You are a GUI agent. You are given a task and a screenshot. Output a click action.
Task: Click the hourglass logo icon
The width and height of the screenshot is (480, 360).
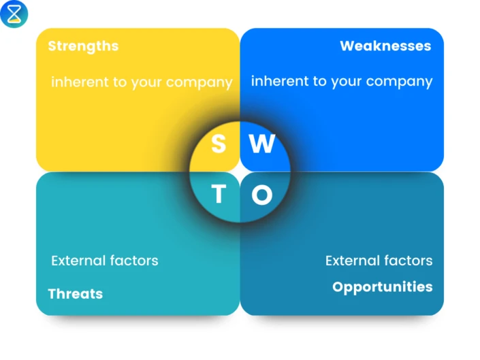point(14,14)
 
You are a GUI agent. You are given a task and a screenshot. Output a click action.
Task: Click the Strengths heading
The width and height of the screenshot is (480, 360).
point(83,46)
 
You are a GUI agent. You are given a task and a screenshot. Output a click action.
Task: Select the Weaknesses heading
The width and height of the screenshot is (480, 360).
point(385,46)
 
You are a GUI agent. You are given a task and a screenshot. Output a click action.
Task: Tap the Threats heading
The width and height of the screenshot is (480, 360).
point(76,294)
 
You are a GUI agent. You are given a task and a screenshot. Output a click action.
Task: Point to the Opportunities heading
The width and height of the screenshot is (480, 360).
point(383,287)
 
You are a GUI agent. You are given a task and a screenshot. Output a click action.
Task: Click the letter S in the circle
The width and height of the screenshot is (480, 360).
point(219,144)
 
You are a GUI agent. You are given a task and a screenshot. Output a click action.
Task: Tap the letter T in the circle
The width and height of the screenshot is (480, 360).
point(219,194)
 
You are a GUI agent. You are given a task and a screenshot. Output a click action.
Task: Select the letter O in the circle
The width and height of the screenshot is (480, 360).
point(262,194)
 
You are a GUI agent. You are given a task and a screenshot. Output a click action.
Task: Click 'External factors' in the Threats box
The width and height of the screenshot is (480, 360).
point(105,261)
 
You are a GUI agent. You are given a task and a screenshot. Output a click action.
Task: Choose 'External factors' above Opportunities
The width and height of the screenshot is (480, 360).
point(379,261)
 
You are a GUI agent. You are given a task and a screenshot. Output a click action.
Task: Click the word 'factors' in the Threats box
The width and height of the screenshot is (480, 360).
point(134,261)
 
